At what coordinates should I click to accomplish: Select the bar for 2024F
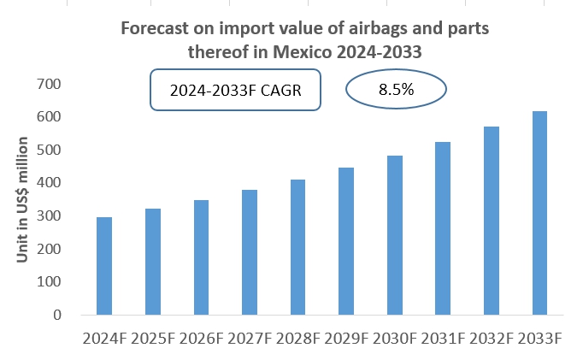104,266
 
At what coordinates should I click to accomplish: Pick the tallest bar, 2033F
539,213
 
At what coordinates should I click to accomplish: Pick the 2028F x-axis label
297,338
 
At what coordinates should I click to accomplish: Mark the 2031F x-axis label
442,338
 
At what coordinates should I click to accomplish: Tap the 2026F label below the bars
201,338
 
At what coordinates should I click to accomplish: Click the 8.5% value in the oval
396,89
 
